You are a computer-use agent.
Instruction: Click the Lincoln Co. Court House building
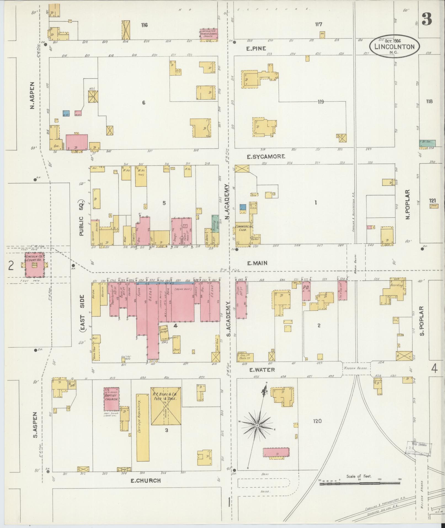pos(34,265)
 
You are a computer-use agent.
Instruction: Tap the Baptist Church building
pos(111,399)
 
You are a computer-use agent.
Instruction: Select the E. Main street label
pos(257,263)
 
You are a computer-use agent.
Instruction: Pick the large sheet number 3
pos(427,20)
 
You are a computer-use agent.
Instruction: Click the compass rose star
pos(257,433)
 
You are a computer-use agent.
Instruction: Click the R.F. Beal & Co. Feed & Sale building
pos(166,410)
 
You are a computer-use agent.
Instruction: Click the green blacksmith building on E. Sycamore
pos(427,143)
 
